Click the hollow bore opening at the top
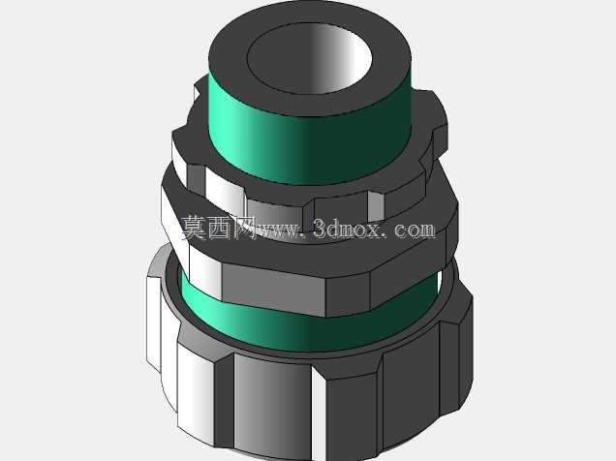coord(310,59)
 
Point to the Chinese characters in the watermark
coord(219,228)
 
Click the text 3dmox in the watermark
coord(348,229)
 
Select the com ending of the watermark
coord(415,230)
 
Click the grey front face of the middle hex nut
coord(274,289)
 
